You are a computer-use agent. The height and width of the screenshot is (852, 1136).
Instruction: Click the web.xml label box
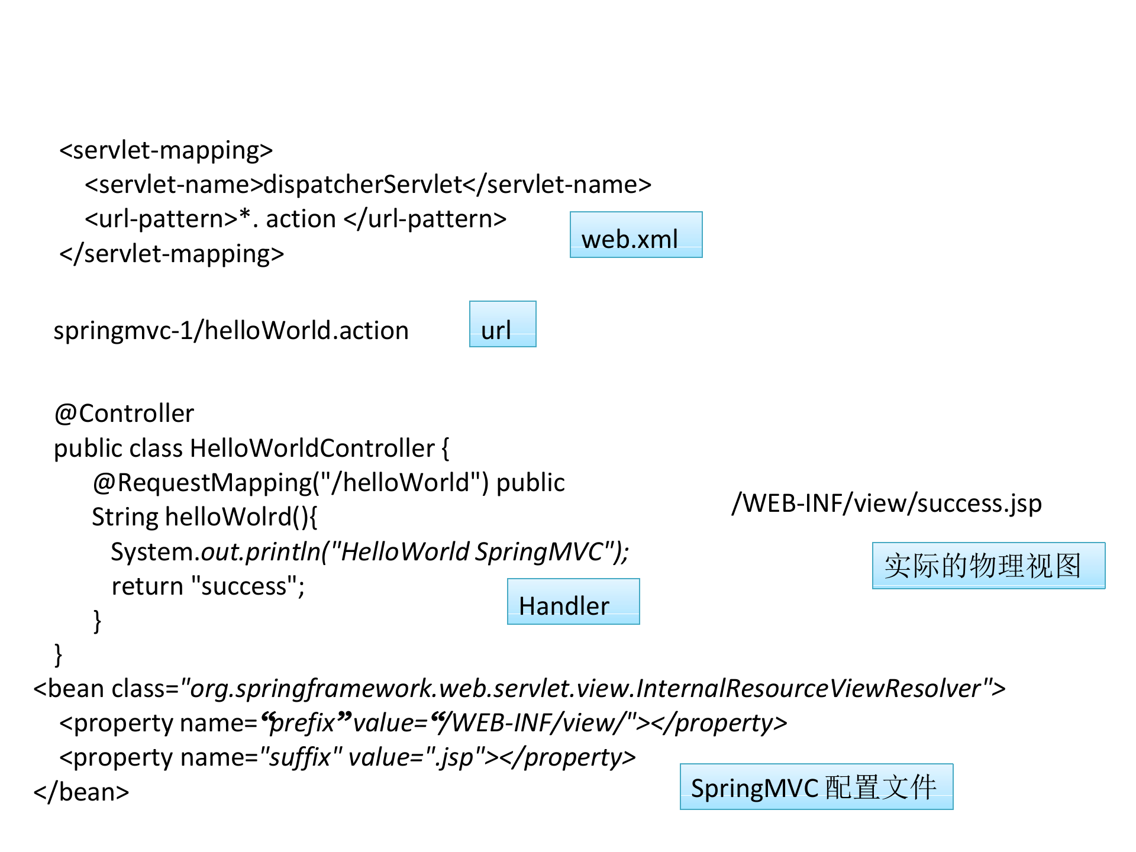pyautogui.click(x=636, y=235)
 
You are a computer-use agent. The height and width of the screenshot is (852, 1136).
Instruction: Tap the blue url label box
pyautogui.click(x=502, y=324)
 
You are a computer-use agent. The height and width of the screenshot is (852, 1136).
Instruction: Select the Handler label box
pyautogui.click(x=573, y=602)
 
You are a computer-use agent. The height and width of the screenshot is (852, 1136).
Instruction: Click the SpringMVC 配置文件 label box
pyautogui.click(x=816, y=787)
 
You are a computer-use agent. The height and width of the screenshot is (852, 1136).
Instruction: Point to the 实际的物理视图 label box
pyautogui.click(x=988, y=566)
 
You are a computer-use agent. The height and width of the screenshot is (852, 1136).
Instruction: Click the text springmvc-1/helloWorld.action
pyautogui.click(x=231, y=331)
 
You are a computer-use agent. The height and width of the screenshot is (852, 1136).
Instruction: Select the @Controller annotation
pyautogui.click(x=124, y=414)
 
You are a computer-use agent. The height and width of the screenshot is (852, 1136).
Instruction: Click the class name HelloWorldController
pyautogui.click(x=312, y=448)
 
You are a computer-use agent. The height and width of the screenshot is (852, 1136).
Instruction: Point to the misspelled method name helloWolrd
pyautogui.click(x=228, y=517)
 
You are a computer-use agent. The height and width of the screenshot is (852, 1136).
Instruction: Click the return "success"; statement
pyautogui.click(x=208, y=586)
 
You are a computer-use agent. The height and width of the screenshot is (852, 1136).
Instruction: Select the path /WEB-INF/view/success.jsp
pyautogui.click(x=886, y=504)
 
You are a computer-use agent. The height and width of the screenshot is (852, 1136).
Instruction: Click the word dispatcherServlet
pyautogui.click(x=362, y=185)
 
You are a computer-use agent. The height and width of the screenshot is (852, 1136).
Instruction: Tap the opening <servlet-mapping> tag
pyautogui.click(x=166, y=150)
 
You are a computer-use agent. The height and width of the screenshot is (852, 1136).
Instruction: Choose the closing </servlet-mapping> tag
pyautogui.click(x=172, y=254)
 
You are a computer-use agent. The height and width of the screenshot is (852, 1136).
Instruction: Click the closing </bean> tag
pyautogui.click(x=81, y=792)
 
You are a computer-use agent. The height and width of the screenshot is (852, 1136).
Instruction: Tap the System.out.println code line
pyautogui.click(x=369, y=552)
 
